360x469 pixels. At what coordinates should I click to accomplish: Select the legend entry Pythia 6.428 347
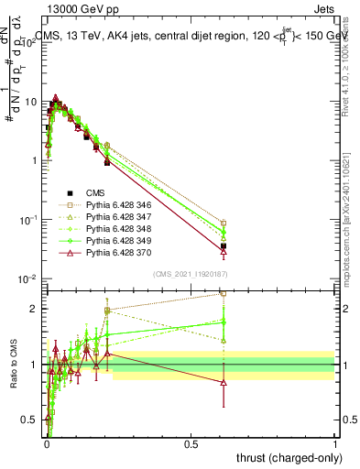coord(113,217)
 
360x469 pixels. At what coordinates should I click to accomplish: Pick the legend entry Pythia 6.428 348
coord(113,229)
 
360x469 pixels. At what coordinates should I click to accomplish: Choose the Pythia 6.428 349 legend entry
coord(113,241)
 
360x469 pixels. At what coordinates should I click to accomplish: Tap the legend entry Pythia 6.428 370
coord(113,253)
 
